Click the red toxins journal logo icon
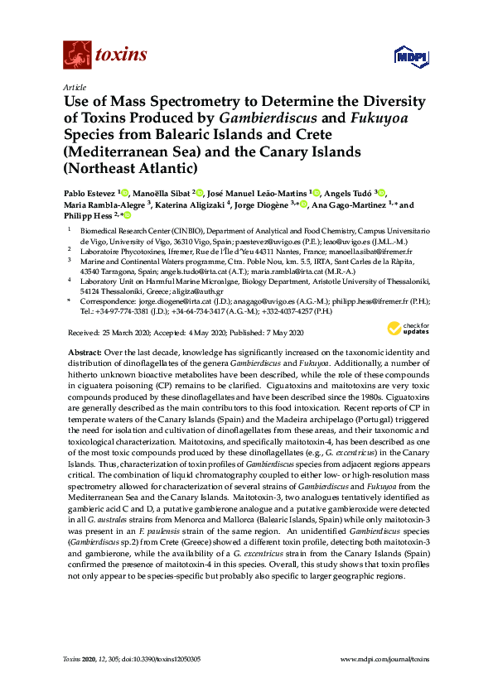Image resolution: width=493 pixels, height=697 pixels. pos(76,55)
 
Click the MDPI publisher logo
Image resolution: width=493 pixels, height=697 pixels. pos(404,56)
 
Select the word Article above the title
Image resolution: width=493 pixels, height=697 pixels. pos(75,86)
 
